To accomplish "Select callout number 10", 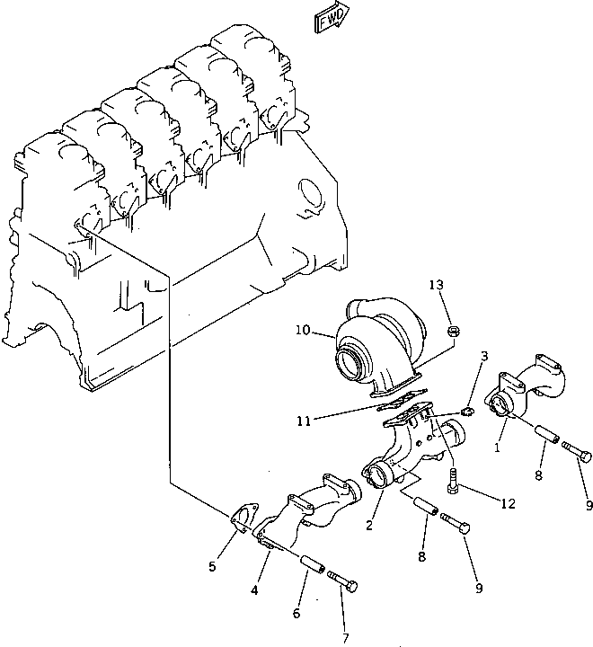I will (x=301, y=331).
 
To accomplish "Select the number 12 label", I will (x=508, y=504).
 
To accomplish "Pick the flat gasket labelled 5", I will (x=241, y=522).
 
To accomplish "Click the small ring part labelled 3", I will (x=466, y=412).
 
